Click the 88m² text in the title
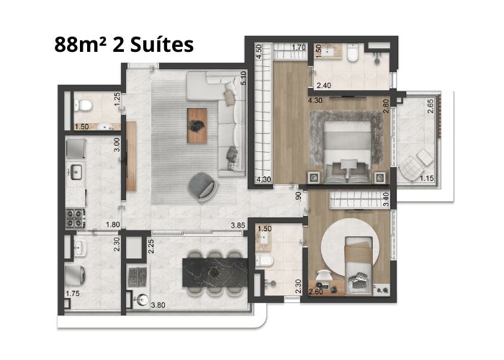(x=81, y=45)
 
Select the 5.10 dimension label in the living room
(x=243, y=78)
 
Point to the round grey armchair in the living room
(x=202, y=187)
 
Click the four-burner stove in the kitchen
(x=75, y=218)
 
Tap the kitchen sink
(x=76, y=171)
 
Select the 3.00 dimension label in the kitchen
(x=117, y=145)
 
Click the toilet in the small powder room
(x=84, y=105)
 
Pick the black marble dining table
(x=215, y=273)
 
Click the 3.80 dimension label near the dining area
(x=158, y=305)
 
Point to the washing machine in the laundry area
(x=75, y=275)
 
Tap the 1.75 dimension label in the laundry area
(x=72, y=294)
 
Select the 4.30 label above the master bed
(x=315, y=101)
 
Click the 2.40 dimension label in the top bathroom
(x=324, y=86)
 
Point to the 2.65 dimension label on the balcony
(x=431, y=106)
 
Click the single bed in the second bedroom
(x=359, y=266)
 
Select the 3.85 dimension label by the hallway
(x=238, y=225)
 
